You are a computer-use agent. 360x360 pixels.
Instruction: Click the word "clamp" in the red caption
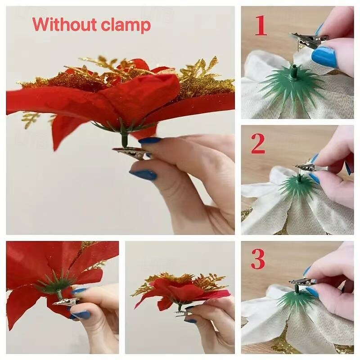click(126, 26)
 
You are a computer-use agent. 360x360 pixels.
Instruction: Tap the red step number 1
click(261, 25)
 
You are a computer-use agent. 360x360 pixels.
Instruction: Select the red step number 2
click(258, 144)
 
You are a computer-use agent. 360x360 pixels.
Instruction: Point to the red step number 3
click(258, 259)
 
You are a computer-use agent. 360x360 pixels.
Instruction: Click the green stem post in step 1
click(294, 70)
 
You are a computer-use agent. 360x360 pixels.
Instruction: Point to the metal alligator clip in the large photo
click(131, 153)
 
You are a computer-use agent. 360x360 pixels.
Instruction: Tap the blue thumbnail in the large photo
click(144, 175)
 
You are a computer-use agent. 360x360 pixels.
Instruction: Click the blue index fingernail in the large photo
click(150, 140)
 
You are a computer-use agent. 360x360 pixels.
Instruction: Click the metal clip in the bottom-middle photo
click(183, 313)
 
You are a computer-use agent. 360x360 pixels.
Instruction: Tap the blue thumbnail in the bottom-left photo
click(81, 315)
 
